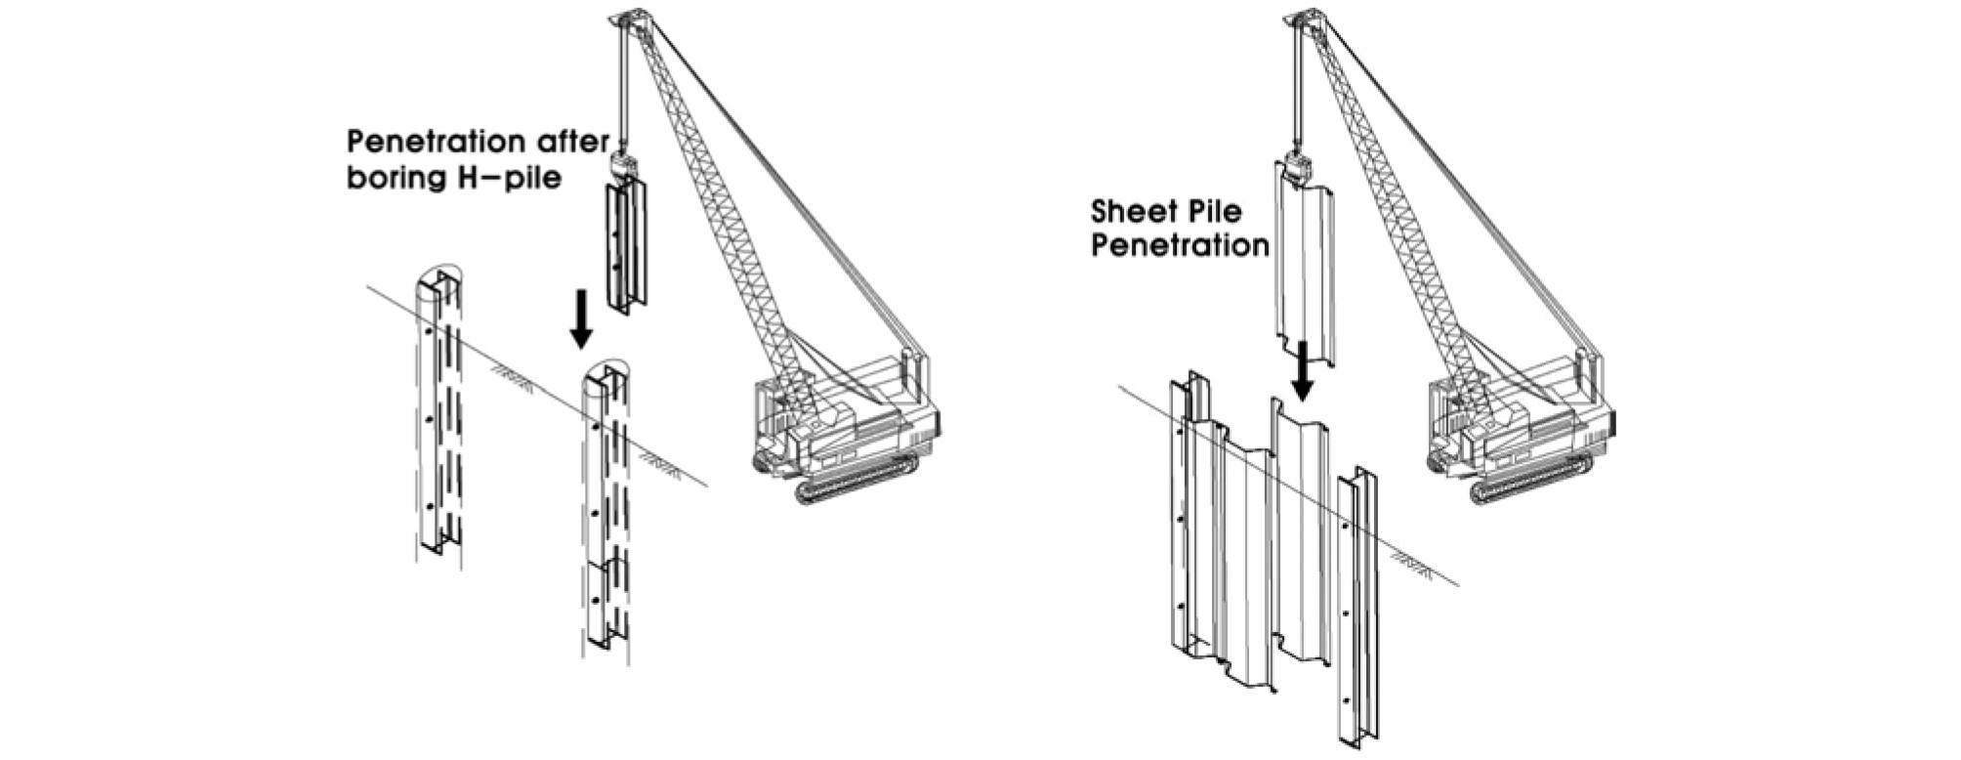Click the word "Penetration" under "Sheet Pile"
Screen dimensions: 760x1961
1180,244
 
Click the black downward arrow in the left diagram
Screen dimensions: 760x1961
581,318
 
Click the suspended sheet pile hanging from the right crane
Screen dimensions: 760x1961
1304,264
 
